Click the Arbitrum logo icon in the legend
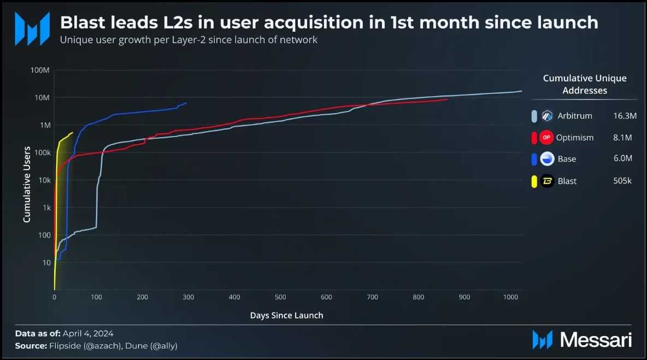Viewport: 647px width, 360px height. click(547, 116)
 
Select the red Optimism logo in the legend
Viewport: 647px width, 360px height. click(547, 138)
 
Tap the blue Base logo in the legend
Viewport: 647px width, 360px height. click(547, 159)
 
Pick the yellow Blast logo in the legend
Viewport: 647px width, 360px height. click(547, 181)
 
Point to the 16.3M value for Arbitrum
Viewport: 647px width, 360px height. click(622, 116)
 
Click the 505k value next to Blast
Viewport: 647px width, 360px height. click(622, 181)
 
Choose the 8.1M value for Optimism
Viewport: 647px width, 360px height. click(622, 138)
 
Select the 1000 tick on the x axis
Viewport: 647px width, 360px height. click(510, 297)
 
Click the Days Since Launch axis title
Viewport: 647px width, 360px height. click(286, 315)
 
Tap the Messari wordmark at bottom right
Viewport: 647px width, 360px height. click(596, 340)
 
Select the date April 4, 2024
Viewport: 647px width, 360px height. click(87, 333)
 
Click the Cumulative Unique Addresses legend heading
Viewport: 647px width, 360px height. click(585, 84)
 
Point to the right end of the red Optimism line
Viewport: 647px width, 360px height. click(448, 99)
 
